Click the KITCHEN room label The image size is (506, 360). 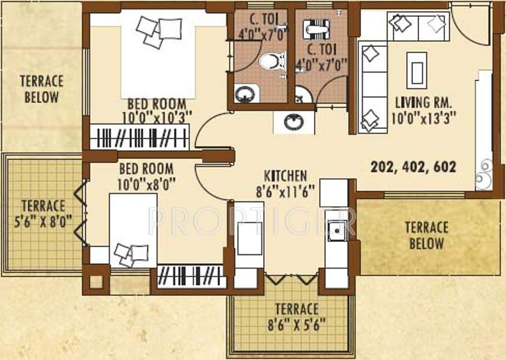pos(285,176)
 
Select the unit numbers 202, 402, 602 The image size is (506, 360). pos(413,167)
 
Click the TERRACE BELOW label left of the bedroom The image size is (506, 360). pos(41,88)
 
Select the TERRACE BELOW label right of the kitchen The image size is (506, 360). pos(427,235)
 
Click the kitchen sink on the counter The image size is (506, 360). pos(337,230)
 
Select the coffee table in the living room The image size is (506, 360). pos(417,67)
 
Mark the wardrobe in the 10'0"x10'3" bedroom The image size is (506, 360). pos(140,136)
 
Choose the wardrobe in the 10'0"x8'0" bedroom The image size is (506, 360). pos(192,277)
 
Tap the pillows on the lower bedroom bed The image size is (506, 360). pos(131,254)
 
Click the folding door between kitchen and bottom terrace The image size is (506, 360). pos(290,279)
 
